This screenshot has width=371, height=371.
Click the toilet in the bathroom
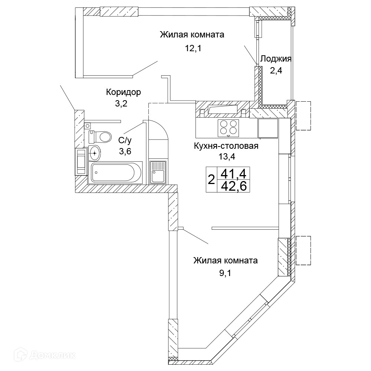100,137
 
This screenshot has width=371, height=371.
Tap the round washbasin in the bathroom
95,153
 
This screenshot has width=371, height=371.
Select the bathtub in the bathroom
115,173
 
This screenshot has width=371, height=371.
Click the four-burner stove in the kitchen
228,128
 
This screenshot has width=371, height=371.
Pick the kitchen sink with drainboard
158,173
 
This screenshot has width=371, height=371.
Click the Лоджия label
276,59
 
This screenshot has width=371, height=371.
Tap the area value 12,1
193,49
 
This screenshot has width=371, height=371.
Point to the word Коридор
123,92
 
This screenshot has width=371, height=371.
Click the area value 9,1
225,273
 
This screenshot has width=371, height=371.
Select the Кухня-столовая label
226,146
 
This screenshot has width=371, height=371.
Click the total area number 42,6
233,186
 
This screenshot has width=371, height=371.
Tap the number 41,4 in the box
233,174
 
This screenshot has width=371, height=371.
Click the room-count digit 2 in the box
211,180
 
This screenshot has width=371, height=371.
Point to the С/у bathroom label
125,141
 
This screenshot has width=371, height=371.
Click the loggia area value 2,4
276,70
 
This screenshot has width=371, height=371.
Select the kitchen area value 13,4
227,157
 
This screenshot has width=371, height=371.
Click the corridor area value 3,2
121,104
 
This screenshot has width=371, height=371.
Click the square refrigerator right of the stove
268,128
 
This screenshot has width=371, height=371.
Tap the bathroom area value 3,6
125,151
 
